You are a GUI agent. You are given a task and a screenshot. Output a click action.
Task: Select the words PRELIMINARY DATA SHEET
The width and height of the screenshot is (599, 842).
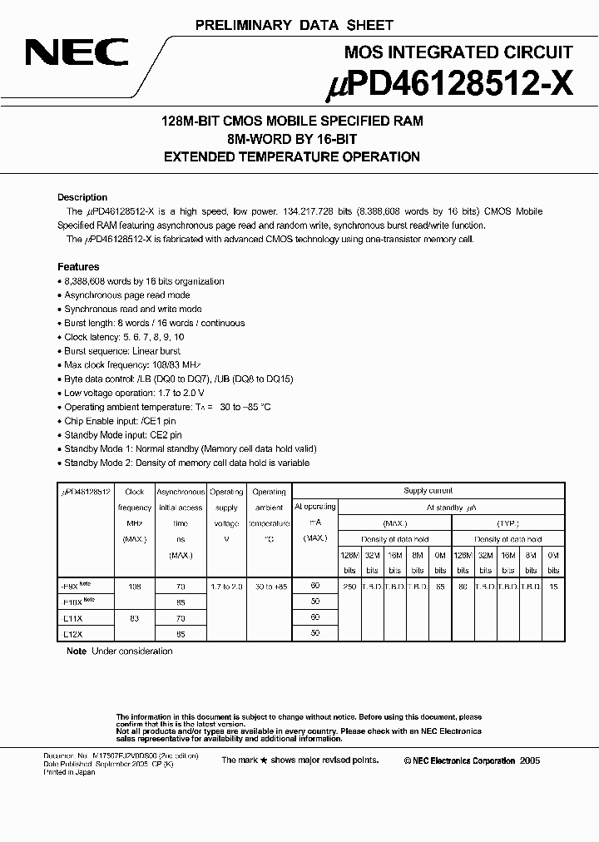click(x=294, y=26)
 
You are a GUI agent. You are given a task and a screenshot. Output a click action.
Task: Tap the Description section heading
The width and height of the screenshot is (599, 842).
click(x=82, y=197)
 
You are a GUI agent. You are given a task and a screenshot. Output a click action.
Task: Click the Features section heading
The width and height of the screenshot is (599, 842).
click(x=78, y=267)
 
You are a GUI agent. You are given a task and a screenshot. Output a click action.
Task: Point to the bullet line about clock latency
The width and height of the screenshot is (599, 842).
click(x=124, y=337)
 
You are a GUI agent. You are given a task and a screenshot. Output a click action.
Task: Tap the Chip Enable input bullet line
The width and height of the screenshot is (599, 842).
click(x=121, y=421)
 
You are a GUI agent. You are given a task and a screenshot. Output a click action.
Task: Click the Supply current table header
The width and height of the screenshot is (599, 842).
click(x=428, y=491)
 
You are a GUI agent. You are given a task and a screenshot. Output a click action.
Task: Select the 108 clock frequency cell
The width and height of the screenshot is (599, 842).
click(x=134, y=587)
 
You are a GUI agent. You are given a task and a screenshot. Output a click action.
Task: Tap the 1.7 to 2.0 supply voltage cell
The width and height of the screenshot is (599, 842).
click(x=226, y=587)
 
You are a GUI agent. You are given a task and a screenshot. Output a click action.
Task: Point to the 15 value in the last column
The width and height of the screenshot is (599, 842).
click(x=554, y=587)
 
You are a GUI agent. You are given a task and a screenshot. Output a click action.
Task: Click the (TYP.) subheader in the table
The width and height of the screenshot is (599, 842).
click(x=508, y=523)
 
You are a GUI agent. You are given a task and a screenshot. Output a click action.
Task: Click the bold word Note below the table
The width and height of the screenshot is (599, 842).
click(x=77, y=651)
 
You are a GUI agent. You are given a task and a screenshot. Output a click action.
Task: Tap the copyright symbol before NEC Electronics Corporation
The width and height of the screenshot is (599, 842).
click(x=408, y=760)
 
